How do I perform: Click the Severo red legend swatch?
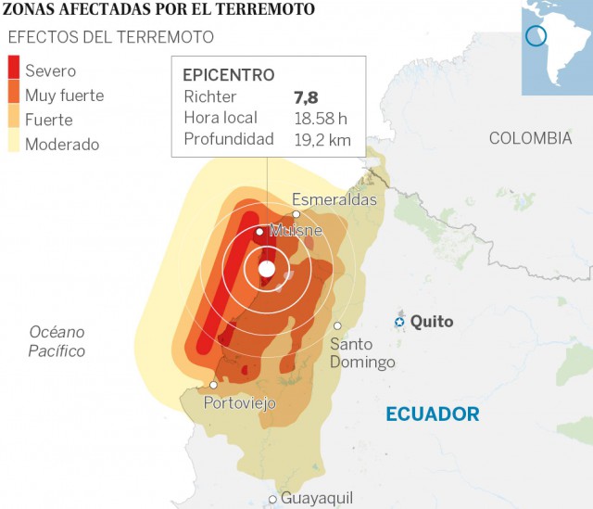point(14,70)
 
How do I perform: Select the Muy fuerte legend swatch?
point(14,95)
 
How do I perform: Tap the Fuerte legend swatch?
point(14,120)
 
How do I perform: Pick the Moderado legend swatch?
point(14,143)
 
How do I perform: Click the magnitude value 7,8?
point(306,96)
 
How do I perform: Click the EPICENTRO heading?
point(228,74)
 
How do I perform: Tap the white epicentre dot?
point(267,269)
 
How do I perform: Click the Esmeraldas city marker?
point(296,213)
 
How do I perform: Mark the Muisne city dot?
point(259,232)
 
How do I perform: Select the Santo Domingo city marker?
point(338,325)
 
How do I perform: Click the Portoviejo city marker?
point(214,385)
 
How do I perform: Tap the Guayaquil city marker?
point(272,499)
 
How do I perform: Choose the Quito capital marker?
point(399,322)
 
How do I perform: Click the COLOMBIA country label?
point(530,138)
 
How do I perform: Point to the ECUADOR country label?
point(433,414)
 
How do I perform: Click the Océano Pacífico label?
point(57,341)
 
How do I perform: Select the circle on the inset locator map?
point(536,36)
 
